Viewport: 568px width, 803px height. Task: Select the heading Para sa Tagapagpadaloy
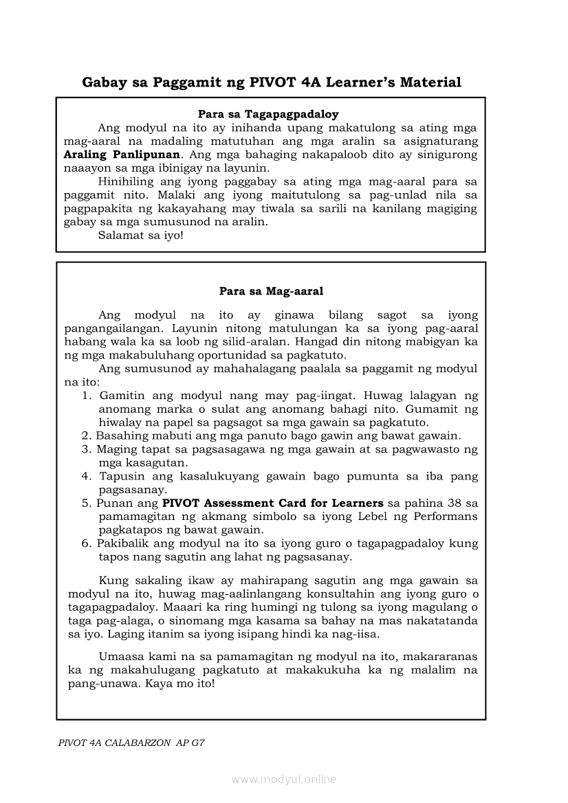[x=268, y=114]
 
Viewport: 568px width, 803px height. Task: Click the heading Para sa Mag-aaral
[x=271, y=291]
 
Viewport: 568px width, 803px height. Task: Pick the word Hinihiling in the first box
[x=128, y=181]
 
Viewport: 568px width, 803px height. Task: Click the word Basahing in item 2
[x=118, y=436]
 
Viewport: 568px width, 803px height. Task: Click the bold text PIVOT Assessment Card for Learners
[x=273, y=503]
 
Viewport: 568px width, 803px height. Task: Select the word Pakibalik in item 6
[x=120, y=543]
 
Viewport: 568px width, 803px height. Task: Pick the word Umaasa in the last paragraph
[x=120, y=657]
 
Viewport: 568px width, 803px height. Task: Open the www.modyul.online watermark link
[x=284, y=779]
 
